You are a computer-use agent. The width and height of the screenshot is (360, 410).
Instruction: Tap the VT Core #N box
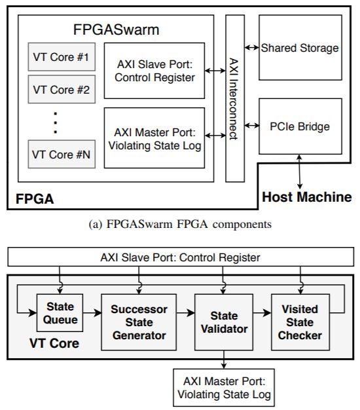click(62, 155)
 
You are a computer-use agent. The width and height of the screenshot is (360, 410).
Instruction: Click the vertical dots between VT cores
click(56, 122)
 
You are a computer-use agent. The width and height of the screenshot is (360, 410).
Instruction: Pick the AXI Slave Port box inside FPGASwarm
click(154, 71)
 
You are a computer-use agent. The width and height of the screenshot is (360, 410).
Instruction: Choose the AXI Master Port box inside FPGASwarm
click(154, 138)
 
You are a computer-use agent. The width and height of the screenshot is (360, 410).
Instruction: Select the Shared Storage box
click(300, 48)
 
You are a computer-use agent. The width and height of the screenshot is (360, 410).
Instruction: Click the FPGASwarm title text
click(115, 31)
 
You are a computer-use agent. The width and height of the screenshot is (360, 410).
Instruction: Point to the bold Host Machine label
click(306, 196)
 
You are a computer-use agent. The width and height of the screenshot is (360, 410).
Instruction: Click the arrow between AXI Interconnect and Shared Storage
click(251, 48)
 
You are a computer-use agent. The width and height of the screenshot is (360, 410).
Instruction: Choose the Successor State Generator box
click(139, 322)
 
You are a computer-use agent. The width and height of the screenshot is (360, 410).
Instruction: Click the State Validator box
click(223, 322)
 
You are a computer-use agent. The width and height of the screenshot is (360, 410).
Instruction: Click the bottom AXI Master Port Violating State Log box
click(223, 388)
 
